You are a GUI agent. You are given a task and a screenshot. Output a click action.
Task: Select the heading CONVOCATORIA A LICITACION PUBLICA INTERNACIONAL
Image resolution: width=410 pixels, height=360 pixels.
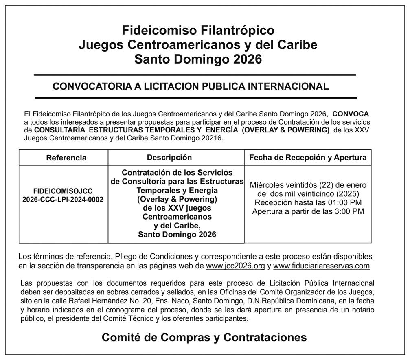click(191, 86)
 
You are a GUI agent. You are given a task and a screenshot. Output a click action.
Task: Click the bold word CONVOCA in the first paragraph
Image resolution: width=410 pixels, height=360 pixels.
click(351, 114)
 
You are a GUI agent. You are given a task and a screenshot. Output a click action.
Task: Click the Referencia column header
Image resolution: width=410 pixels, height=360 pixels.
click(66, 158)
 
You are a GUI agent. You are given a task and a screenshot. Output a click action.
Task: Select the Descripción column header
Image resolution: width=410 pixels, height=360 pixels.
click(169, 157)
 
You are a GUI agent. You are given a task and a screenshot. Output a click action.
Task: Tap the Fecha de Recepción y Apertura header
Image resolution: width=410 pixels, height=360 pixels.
click(308, 157)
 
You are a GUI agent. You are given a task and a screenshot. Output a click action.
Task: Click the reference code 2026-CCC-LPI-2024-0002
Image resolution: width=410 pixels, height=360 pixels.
click(63, 199)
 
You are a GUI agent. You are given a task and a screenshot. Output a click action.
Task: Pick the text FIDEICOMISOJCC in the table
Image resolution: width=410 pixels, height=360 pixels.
click(63, 191)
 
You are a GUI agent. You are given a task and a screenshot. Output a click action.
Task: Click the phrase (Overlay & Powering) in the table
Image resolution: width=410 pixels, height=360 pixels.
click(177, 199)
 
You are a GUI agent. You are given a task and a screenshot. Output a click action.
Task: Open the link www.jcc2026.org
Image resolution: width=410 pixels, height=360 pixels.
click(235, 266)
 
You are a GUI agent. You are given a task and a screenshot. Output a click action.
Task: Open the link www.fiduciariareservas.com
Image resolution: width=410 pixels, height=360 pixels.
click(321, 266)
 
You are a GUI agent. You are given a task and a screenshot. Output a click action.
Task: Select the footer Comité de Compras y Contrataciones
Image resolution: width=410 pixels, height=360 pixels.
click(204, 337)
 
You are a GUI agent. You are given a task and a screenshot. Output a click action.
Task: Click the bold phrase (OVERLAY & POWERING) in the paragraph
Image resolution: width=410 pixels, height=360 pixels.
click(285, 130)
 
